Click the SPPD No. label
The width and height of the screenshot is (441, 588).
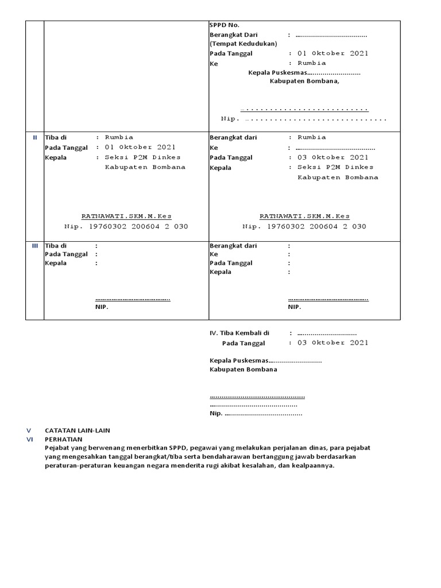point(224,25)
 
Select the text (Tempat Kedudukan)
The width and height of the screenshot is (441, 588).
point(243,44)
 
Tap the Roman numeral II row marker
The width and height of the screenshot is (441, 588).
point(34,138)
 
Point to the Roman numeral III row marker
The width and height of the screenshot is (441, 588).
point(34,246)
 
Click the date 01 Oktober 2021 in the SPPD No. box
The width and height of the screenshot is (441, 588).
point(332,53)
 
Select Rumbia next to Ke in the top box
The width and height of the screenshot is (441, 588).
point(311,63)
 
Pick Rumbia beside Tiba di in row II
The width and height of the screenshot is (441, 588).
point(119,137)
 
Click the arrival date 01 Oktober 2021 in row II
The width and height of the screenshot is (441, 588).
point(140,147)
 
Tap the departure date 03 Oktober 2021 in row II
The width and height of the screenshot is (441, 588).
point(332,157)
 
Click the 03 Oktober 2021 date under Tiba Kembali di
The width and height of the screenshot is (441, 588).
point(332,343)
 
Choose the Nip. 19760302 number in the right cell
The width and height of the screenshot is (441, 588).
point(304,226)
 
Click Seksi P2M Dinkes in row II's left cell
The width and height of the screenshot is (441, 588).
point(142,157)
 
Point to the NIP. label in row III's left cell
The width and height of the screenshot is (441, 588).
point(102,307)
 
